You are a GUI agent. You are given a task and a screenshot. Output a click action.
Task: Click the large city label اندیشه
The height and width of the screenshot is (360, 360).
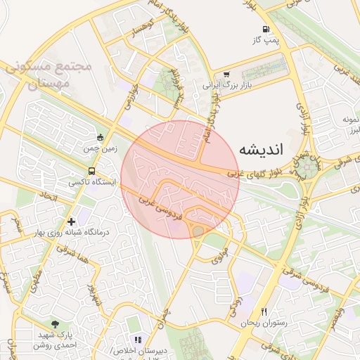pos(262,150)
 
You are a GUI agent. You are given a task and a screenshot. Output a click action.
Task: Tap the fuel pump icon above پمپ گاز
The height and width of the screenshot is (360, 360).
pos(266,30)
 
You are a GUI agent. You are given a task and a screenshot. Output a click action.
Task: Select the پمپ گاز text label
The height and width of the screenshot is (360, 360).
pos(267,40)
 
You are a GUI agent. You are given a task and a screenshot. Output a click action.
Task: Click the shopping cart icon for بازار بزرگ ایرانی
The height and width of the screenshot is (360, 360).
pos(226,74)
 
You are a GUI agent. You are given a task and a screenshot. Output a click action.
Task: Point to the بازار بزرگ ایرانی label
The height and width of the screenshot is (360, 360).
pos(227,84)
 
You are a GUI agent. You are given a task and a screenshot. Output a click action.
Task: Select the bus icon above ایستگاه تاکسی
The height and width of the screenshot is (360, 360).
pos(92,171)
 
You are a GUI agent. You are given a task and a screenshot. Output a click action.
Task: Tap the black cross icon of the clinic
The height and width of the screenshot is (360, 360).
pos(71,221)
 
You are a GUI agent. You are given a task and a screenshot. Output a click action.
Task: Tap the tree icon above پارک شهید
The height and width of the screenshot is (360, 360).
pos(55,324)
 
